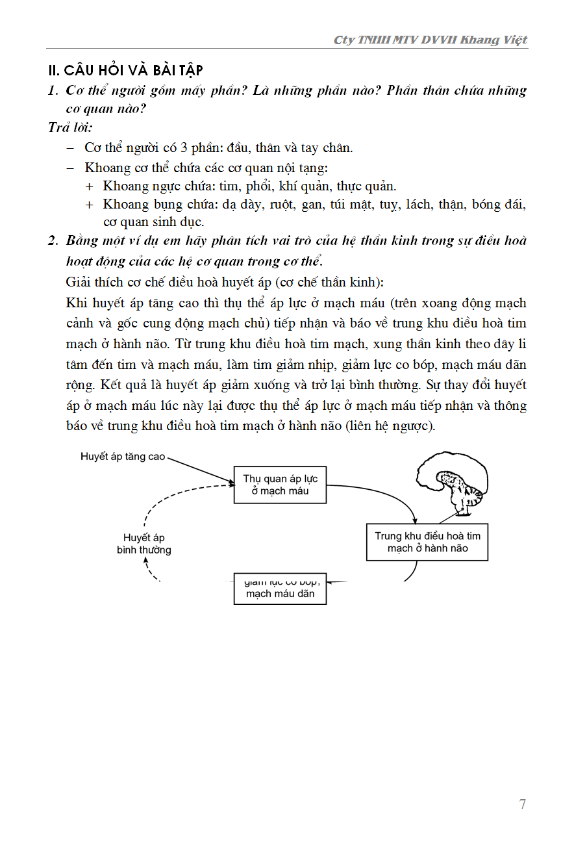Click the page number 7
[x=523, y=804]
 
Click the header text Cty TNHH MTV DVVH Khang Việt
[x=430, y=40]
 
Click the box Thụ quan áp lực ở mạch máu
[x=280, y=485]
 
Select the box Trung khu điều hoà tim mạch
[x=427, y=542]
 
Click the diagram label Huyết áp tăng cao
[x=123, y=457]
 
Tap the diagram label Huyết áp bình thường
[x=144, y=544]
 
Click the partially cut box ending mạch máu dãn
[x=280, y=589]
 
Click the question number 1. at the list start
[x=53, y=90]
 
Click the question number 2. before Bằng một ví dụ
[x=53, y=240]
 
